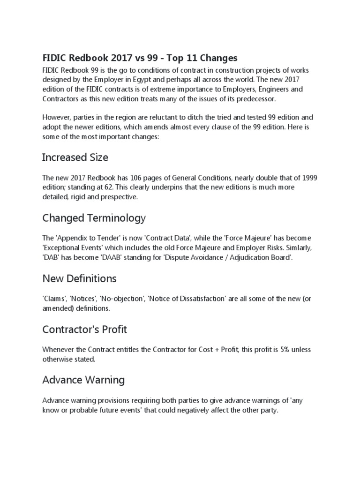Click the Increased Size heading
[x=75, y=157]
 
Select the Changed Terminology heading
[x=94, y=218]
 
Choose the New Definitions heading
[x=79, y=278]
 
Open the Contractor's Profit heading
[x=85, y=330]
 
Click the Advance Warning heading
[x=83, y=380]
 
